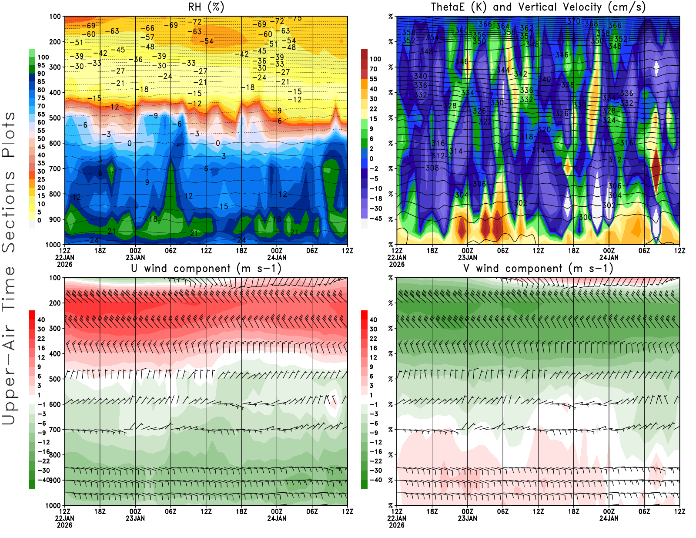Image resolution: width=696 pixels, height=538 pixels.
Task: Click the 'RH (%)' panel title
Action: point(206,7)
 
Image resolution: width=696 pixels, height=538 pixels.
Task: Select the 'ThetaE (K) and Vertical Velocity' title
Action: point(538,7)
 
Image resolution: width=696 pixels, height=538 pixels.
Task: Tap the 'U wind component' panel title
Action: point(206,269)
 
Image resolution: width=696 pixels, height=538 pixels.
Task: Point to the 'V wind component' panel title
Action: point(538,269)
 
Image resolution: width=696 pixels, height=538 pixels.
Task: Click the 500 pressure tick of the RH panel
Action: point(55,118)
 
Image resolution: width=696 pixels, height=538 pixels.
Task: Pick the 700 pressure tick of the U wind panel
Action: point(55,430)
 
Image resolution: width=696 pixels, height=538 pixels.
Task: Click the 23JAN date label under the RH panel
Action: point(135,257)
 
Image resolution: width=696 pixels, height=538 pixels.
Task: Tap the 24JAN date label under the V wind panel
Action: point(609,518)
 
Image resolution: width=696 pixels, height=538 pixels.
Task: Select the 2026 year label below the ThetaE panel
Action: point(397,264)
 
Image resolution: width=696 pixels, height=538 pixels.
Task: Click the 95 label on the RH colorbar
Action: point(41,65)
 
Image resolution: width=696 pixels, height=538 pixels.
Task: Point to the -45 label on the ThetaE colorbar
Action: point(375,219)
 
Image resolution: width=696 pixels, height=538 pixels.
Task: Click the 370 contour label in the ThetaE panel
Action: point(573,21)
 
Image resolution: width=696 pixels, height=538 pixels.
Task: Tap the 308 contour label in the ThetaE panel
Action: point(432,168)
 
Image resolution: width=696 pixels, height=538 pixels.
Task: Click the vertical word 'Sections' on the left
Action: point(9,211)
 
